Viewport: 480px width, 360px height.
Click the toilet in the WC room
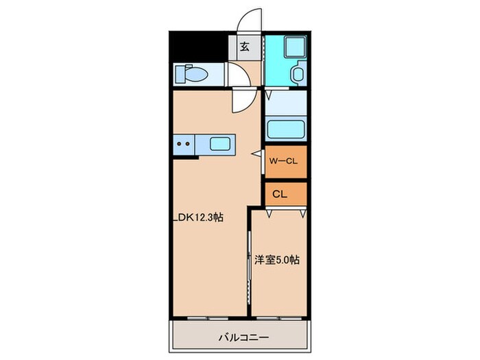pyautogui.click(x=187, y=73)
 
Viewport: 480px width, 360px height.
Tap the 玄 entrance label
pyautogui.click(x=244, y=48)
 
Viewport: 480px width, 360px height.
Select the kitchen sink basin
pyautogui.click(x=220, y=145)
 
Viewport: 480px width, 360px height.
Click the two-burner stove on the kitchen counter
pyautogui.click(x=183, y=145)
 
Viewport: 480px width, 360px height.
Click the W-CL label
pyautogui.click(x=283, y=163)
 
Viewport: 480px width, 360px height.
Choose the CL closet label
pyautogui.click(x=279, y=193)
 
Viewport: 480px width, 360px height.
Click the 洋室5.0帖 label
pyautogui.click(x=278, y=260)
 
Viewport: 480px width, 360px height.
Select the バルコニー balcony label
pyautogui.click(x=243, y=337)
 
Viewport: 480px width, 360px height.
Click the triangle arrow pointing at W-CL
pyautogui.click(x=256, y=156)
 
